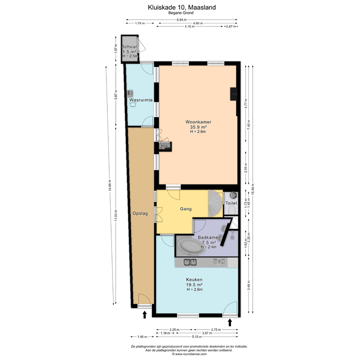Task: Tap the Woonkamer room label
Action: click(x=198, y=122)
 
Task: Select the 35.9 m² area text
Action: click(x=198, y=127)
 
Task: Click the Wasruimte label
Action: click(x=140, y=100)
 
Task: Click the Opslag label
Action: click(x=140, y=213)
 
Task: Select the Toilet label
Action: click(x=231, y=203)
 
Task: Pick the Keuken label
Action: click(x=194, y=279)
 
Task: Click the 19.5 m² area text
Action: click(x=194, y=285)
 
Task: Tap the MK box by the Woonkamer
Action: click(x=165, y=147)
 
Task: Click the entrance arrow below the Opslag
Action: click(x=144, y=315)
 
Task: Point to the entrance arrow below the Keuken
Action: click(x=230, y=322)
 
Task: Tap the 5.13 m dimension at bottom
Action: click(x=196, y=337)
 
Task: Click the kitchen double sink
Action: click(x=190, y=262)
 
